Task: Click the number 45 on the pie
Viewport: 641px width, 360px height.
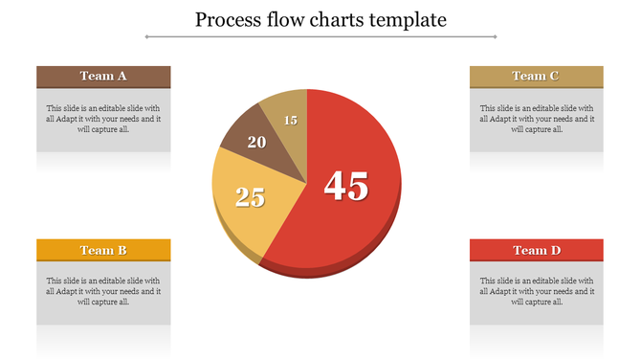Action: click(345, 186)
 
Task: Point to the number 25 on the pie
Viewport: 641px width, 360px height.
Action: click(250, 197)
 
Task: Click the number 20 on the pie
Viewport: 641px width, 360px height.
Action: click(256, 143)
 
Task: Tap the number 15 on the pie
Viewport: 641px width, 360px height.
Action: click(291, 121)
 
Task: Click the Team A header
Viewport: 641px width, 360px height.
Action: click(103, 77)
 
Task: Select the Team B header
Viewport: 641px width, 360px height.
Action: click(103, 250)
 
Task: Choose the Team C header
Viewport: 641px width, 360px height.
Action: click(536, 77)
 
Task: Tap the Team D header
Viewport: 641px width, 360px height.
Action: click(536, 250)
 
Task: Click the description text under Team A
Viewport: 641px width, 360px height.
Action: click(103, 119)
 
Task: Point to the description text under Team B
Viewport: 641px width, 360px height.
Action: click(103, 291)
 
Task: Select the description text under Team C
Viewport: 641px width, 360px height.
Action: click(536, 119)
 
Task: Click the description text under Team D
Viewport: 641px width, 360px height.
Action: click(536, 291)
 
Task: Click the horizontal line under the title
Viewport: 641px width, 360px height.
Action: click(320, 37)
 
